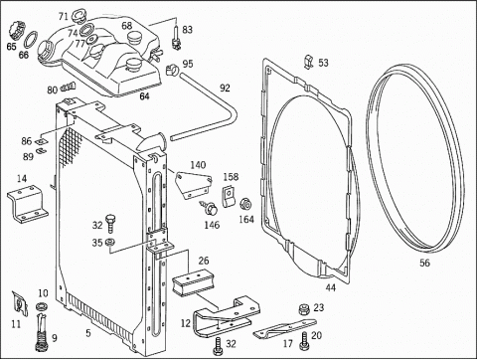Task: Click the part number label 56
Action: tap(424, 263)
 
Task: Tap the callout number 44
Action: tap(330, 287)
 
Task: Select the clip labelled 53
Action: tap(309, 62)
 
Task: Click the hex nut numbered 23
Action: tap(304, 309)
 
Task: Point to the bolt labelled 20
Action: tap(304, 341)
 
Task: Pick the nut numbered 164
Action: tap(245, 205)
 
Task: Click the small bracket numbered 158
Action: tap(228, 196)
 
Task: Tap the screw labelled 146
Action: tap(210, 208)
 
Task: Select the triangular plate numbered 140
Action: tap(193, 185)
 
